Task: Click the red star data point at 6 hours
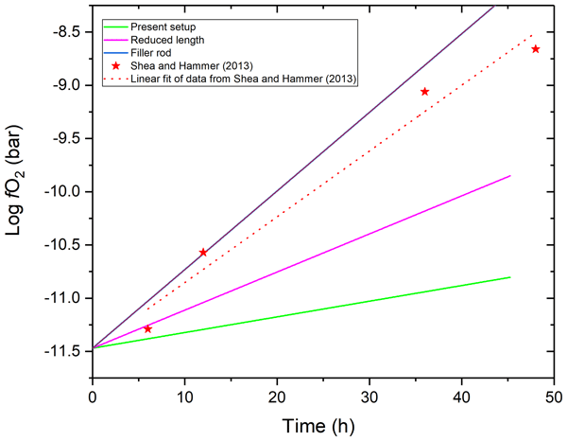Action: coord(147,328)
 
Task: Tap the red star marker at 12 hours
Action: coord(203,253)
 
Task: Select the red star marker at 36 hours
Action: coord(425,92)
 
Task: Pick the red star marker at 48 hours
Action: coord(536,49)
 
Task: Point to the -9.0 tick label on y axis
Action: coord(65,85)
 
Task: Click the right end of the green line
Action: coord(510,277)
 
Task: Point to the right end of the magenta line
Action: coord(510,176)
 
